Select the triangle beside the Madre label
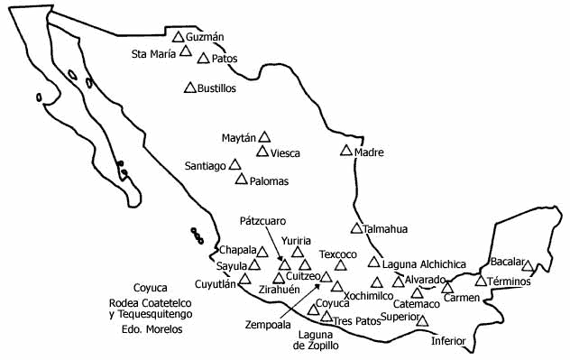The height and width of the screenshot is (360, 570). tap(345, 151)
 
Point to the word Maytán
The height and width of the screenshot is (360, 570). tap(239, 138)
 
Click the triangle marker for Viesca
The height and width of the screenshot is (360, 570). tap(262, 151)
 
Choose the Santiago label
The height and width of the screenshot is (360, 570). tap(206, 166)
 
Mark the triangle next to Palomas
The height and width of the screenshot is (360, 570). tap(241, 179)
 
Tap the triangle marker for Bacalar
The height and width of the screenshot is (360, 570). tap(528, 266)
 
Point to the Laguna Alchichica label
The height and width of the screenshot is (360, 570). tap(424, 264)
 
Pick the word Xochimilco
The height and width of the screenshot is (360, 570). tap(370, 296)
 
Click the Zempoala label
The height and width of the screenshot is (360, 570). tap(268, 323)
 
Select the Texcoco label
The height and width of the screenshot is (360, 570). tap(338, 254)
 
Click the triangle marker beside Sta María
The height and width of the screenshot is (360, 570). tap(186, 51)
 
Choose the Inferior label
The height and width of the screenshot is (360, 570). tap(448, 340)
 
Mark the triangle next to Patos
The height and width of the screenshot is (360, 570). tap(204, 59)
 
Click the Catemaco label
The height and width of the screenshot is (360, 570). tap(417, 304)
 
